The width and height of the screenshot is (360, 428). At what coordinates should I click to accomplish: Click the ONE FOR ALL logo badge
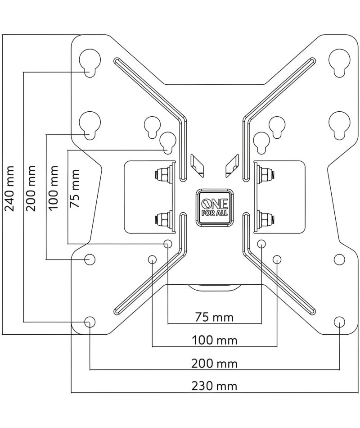coord(215,207)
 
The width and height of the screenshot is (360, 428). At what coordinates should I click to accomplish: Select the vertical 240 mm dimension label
coord(10,188)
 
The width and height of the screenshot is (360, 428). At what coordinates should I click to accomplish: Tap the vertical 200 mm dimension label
coord(31,188)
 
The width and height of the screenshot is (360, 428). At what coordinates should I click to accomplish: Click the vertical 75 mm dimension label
coord(75,189)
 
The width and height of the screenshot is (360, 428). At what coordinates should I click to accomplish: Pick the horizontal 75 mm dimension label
coord(214,317)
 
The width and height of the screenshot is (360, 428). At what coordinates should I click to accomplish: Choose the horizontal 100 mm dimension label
coord(215,341)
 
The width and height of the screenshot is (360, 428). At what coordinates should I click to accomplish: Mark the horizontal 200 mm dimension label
coord(214,364)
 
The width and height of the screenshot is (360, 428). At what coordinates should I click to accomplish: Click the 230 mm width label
coord(214,386)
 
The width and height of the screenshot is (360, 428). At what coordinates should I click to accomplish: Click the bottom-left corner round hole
coord(90,322)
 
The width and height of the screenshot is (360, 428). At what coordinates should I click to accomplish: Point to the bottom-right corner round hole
coord(339,322)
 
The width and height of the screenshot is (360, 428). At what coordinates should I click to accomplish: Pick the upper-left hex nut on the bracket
coord(162,173)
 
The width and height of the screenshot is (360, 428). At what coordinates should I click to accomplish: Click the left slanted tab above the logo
coord(197,166)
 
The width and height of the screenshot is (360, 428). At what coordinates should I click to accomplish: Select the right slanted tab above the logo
coord(232,166)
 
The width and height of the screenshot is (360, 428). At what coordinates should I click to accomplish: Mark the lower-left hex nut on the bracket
coord(162,218)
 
